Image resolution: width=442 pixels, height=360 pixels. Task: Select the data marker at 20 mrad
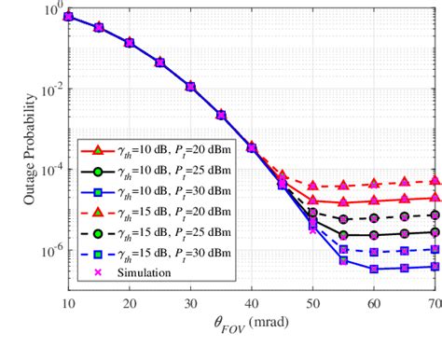pos(130,43)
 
